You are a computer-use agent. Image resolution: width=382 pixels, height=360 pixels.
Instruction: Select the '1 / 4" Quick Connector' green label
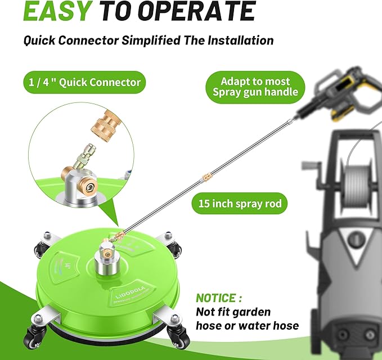tap(84, 82)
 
